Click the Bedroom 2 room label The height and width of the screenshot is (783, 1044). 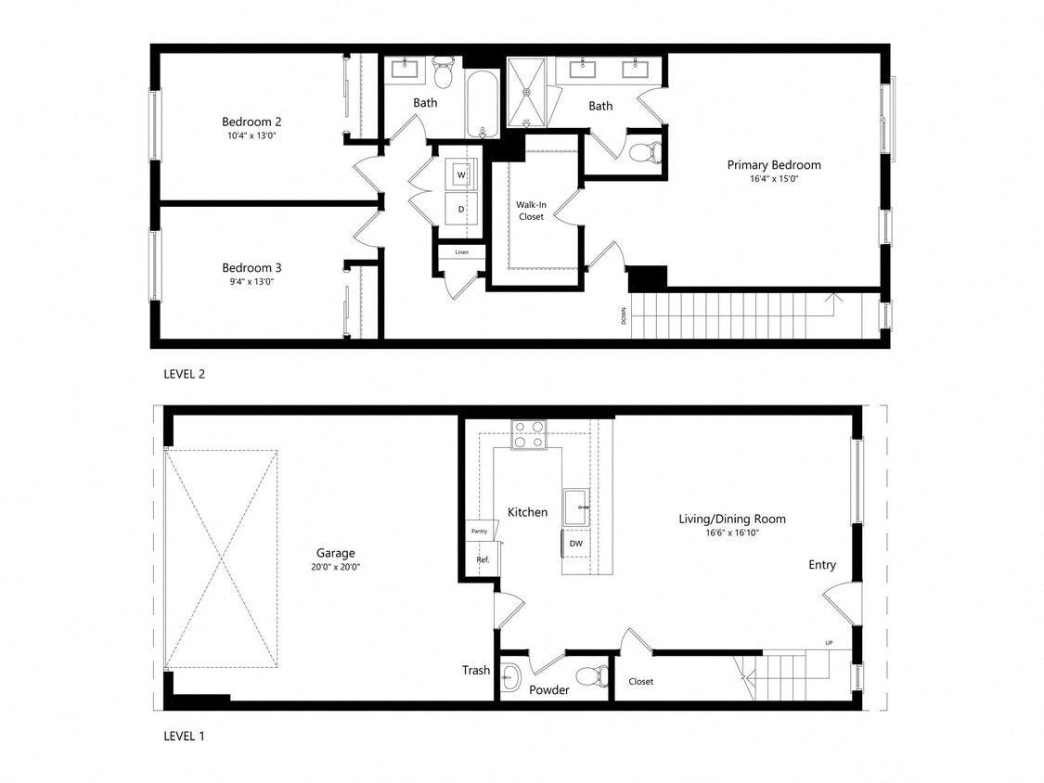tap(251, 122)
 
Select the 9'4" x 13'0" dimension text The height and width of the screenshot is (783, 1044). tap(251, 281)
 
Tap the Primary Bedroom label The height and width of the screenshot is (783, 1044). tap(773, 165)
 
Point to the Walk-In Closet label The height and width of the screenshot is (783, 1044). tap(531, 210)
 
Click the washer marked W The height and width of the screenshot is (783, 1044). tap(461, 174)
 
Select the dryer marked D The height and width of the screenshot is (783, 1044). tap(461, 210)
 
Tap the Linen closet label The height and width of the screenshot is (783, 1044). tap(461, 252)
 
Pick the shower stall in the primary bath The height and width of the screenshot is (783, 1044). tap(529, 93)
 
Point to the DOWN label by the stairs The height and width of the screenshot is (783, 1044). tap(624, 315)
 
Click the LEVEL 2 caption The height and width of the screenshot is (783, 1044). tap(183, 375)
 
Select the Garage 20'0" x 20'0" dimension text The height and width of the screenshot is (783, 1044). tap(335, 567)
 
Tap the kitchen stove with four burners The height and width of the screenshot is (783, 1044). tap(529, 434)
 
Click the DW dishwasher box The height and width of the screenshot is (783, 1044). tap(575, 544)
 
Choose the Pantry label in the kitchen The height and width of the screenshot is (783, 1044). tap(479, 532)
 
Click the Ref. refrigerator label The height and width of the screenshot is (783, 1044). tap(483, 559)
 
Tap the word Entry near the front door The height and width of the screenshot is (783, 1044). tap(821, 565)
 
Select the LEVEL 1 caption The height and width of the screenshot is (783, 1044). tap(183, 737)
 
